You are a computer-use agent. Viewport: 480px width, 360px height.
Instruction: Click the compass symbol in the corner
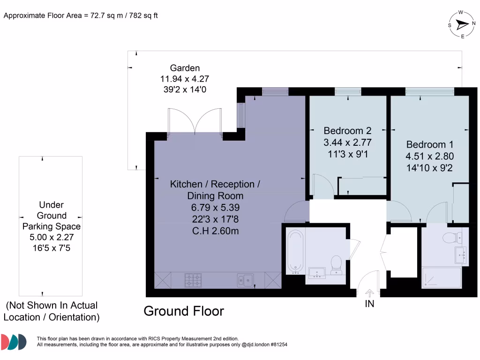point(462,25)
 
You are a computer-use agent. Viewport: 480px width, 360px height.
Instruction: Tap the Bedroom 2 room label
point(344,130)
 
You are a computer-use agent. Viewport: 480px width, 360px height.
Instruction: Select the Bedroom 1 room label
point(430,145)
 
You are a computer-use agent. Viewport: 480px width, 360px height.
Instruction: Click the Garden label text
point(185,68)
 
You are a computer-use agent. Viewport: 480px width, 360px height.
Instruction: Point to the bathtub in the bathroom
point(295,252)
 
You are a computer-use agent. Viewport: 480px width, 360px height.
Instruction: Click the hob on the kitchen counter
point(193,280)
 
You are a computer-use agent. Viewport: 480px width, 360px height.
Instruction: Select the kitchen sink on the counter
point(245,280)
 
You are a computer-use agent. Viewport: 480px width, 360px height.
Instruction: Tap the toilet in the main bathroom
point(336,265)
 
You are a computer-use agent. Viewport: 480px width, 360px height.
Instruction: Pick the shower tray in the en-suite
point(441,277)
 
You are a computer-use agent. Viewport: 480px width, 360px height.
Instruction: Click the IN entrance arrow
point(369,293)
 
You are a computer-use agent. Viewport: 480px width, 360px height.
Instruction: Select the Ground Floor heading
point(184,311)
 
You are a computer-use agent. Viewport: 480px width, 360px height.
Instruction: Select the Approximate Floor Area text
point(81,15)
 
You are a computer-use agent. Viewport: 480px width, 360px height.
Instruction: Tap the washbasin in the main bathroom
point(317,272)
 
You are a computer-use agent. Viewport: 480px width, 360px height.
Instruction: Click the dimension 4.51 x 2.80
point(430,157)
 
